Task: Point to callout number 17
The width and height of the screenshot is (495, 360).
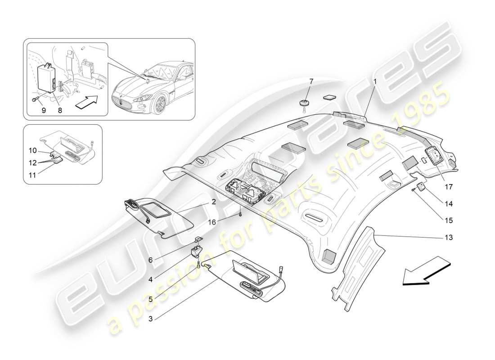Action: click(x=449, y=186)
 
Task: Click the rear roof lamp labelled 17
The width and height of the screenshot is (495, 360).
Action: click(x=435, y=157)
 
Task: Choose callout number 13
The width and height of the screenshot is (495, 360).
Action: click(x=449, y=237)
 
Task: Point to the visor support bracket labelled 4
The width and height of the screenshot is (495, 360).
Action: click(x=196, y=251)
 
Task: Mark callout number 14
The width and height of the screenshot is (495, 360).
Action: click(x=449, y=203)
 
